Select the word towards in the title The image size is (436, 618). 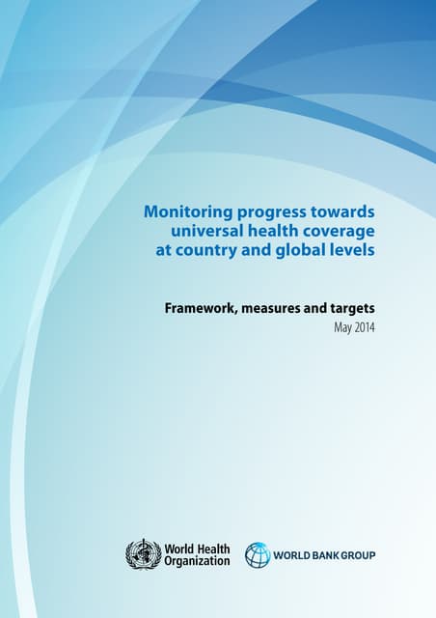(x=339, y=211)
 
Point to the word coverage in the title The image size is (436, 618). (x=337, y=232)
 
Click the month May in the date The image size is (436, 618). (x=342, y=328)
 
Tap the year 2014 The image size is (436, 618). (x=365, y=328)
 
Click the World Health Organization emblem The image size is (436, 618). (x=144, y=554)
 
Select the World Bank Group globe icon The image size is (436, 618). (x=258, y=555)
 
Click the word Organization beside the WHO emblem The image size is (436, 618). (x=198, y=561)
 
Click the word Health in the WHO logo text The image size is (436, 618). (x=212, y=548)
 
